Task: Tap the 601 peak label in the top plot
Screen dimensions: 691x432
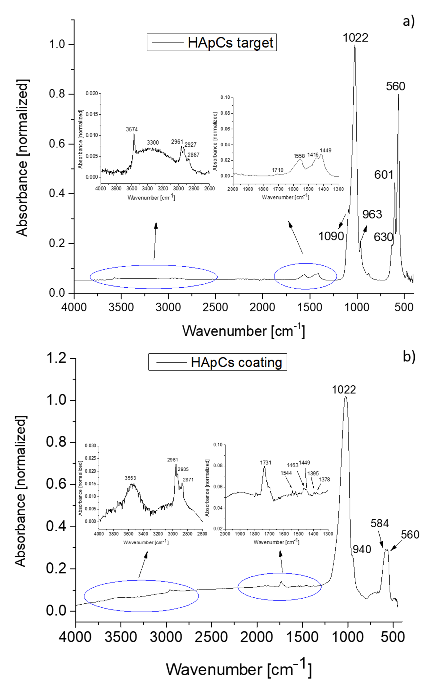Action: pyautogui.click(x=384, y=175)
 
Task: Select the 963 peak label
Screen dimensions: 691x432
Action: pyautogui.click(x=372, y=214)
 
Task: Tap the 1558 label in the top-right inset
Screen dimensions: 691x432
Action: pyautogui.click(x=299, y=156)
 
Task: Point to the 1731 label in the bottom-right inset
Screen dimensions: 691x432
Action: pyautogui.click(x=265, y=463)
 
